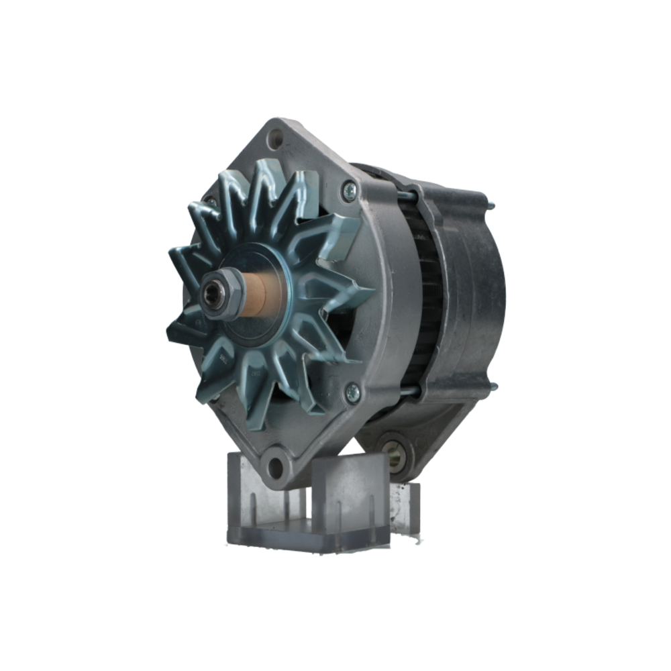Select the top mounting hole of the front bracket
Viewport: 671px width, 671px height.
coord(275,140)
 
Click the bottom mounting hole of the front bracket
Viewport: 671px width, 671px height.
coord(276,464)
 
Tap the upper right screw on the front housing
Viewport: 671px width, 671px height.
coord(348,191)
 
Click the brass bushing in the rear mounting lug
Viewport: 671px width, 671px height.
coord(394,456)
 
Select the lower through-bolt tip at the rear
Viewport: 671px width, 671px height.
coord(493,386)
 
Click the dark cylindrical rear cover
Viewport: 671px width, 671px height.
coord(476,295)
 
